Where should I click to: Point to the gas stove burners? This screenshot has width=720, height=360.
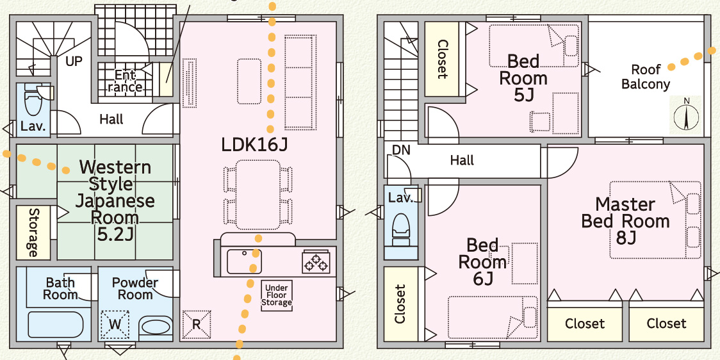318,262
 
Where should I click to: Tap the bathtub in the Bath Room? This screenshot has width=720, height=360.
56,325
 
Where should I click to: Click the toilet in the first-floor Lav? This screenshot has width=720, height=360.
32,101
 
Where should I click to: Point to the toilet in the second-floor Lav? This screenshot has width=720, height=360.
401,227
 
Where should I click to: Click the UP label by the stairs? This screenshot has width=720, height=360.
74,62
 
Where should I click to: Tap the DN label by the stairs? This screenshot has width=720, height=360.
401,150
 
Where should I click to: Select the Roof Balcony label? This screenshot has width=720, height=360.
645,77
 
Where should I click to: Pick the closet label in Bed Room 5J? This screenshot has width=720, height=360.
442,59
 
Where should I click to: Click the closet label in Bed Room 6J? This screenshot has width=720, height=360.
400,304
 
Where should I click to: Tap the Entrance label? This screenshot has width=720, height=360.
125,81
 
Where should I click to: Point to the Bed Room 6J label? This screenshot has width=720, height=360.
482,261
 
